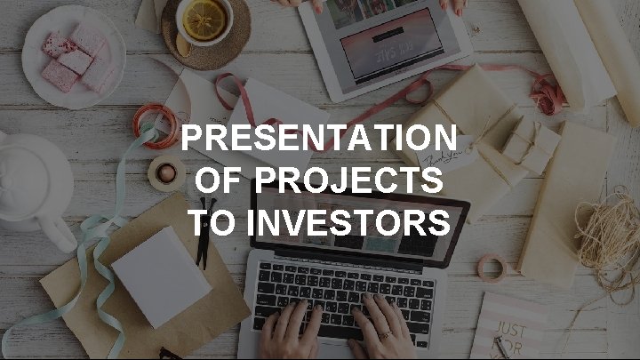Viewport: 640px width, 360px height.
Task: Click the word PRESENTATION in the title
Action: tap(319, 140)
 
